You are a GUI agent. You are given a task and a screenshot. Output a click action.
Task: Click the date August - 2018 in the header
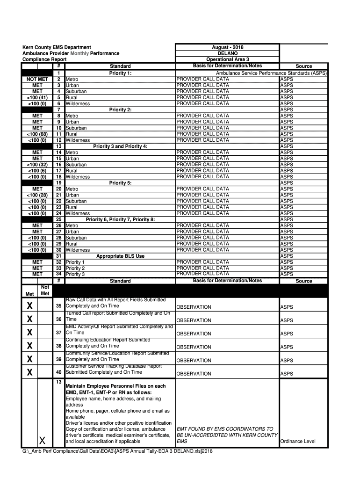click(x=227, y=47)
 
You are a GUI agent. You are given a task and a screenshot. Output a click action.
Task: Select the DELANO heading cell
click(x=227, y=53)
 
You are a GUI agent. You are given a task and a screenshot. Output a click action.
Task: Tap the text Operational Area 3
click(x=227, y=59)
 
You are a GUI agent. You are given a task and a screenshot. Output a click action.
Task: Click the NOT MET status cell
click(x=37, y=80)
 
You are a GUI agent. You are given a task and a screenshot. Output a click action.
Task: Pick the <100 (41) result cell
click(x=37, y=98)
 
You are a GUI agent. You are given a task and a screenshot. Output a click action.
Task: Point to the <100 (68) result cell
click(x=37, y=134)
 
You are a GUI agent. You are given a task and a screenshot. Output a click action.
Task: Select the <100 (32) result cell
click(x=37, y=165)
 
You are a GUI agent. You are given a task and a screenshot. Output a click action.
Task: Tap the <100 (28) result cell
click(x=37, y=195)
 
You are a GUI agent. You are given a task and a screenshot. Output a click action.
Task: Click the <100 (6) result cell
click(x=37, y=171)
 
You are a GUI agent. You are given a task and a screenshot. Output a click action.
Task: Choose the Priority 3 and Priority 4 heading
click(x=120, y=146)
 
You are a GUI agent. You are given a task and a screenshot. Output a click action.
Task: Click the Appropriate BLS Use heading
click(x=120, y=256)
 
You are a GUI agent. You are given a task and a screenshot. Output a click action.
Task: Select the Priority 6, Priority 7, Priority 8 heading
click(x=120, y=219)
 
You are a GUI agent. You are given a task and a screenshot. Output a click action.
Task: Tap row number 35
click(x=59, y=306)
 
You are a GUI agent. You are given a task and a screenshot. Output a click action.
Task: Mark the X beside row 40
click(x=29, y=373)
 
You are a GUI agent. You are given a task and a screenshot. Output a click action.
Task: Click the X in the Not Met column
click(x=42, y=440)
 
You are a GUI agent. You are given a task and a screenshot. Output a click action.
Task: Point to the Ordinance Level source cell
click(x=297, y=441)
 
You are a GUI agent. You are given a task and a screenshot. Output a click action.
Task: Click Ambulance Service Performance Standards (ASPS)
click(x=271, y=73)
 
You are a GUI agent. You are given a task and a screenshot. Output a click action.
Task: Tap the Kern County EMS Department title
click(x=57, y=47)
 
